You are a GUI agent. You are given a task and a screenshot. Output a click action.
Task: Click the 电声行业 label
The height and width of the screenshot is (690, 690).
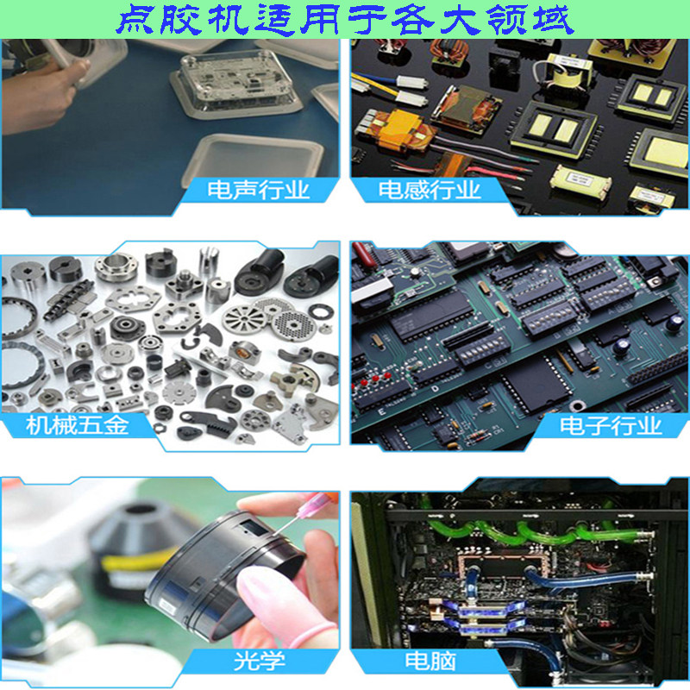pos(259,190)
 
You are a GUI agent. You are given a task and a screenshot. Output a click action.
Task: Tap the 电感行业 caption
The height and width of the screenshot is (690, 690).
pos(430,190)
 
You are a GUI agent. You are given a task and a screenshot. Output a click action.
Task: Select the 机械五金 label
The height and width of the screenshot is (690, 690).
pos(78,425)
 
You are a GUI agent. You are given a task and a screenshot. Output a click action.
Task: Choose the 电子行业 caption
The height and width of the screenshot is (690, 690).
pos(611,425)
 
